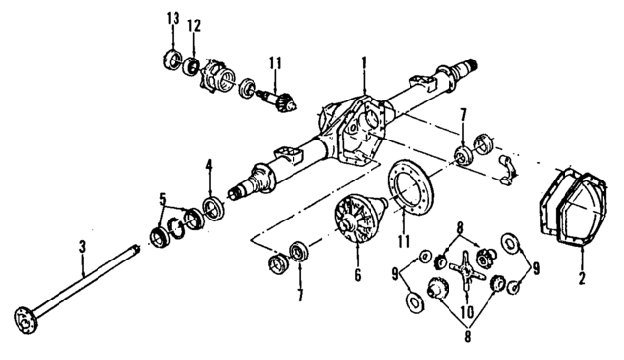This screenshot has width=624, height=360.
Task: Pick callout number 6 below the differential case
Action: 358,277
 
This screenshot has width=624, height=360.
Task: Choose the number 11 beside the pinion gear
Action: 276,65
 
